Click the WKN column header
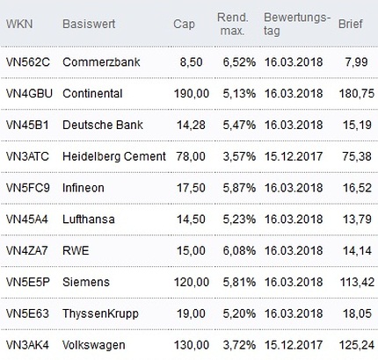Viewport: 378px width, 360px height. (19, 24)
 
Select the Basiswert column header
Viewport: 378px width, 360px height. (89, 24)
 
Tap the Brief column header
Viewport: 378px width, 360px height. (351, 24)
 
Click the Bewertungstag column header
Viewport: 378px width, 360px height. (297, 24)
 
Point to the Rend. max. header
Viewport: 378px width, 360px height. (233, 24)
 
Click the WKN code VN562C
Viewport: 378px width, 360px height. (28, 62)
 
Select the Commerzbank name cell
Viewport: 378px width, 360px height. (101, 62)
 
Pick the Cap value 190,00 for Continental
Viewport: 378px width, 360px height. (192, 94)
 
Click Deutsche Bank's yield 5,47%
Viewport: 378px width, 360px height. (239, 125)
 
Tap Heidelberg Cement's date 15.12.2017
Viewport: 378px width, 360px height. (294, 156)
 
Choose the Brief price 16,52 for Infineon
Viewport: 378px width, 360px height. (357, 188)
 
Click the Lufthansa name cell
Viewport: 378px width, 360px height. (89, 220)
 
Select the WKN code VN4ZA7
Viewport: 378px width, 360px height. (26, 251)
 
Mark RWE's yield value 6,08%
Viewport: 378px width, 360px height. (239, 251)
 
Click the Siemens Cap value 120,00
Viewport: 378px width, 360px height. (192, 282)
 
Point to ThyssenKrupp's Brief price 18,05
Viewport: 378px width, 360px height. (357, 313)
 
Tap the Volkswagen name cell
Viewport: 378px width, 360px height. (94, 345)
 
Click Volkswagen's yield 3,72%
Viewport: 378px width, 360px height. (239, 345)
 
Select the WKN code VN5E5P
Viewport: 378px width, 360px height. (28, 282)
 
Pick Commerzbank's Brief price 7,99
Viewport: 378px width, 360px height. (356, 62)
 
